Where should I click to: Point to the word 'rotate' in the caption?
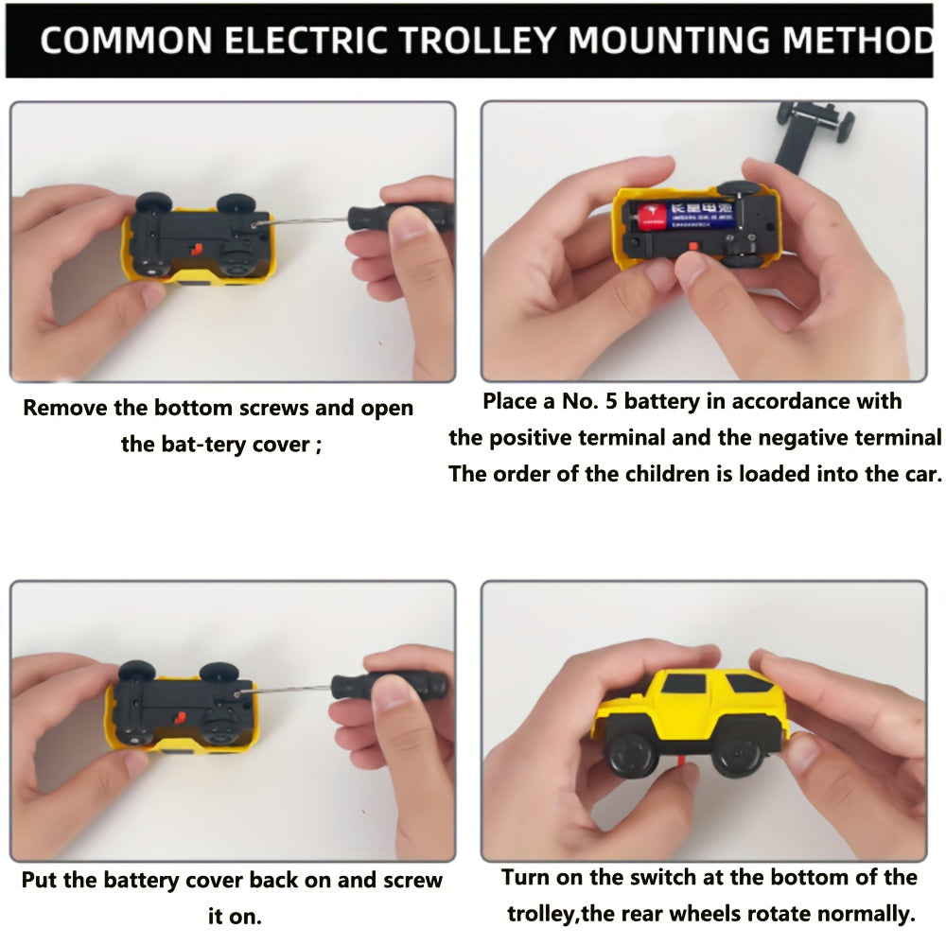coord(793,914)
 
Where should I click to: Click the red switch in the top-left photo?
coord(195,251)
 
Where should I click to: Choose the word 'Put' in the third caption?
coord(39,880)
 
